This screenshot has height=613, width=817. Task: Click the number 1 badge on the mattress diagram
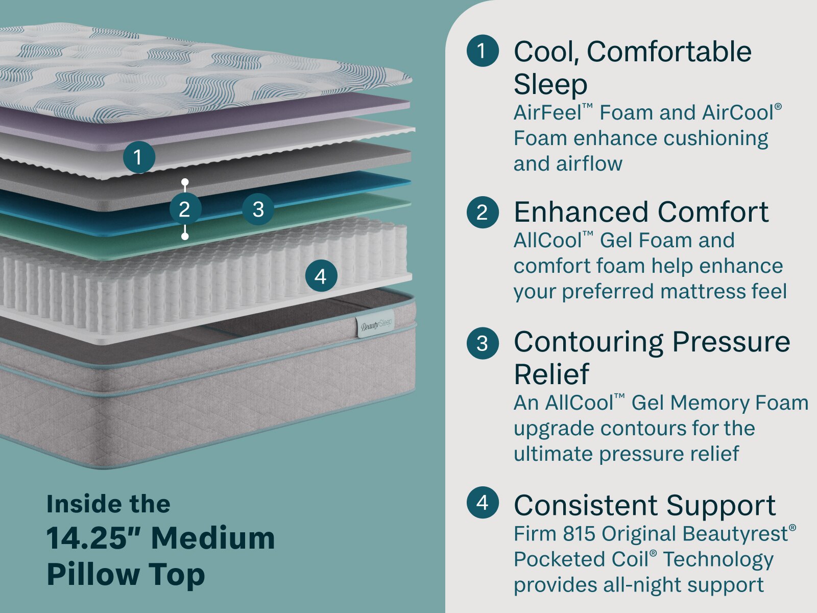pos(139,157)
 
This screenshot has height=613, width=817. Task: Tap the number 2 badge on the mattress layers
pos(185,209)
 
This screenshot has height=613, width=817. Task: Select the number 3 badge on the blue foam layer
pos(258,209)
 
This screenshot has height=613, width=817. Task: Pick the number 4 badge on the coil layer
pos(321,276)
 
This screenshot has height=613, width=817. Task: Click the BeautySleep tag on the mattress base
pos(375,323)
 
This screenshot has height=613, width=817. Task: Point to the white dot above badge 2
pos(185,182)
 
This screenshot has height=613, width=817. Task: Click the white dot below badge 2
pos(185,236)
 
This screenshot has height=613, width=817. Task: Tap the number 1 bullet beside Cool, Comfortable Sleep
pos(483,51)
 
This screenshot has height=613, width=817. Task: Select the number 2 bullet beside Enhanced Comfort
pos(483,212)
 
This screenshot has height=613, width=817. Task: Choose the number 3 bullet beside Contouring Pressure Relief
pos(483,343)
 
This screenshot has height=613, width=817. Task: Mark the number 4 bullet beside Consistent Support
pos(483,503)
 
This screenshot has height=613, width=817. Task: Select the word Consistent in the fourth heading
pos(586,505)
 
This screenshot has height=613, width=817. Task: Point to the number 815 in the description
pos(579,534)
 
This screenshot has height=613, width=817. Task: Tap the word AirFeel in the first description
pos(547,112)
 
